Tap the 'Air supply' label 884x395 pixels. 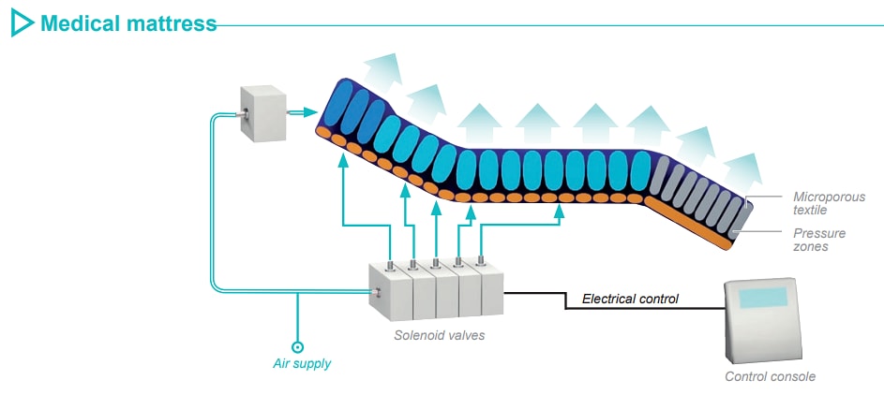click(x=302, y=363)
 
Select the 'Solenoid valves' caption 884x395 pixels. click(x=440, y=334)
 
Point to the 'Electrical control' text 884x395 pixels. click(x=630, y=300)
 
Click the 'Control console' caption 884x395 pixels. click(x=770, y=376)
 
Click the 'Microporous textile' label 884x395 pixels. click(x=829, y=203)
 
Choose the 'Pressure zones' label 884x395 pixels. click(x=819, y=240)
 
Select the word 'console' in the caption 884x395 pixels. click(x=793, y=376)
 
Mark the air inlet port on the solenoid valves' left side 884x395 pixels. click(x=375, y=294)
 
